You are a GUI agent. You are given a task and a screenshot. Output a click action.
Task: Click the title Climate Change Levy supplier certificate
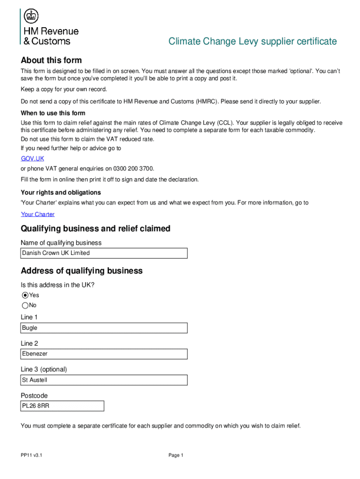click(252, 42)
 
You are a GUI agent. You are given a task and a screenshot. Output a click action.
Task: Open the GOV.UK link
click(32, 159)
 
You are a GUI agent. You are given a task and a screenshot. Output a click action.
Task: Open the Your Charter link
click(37, 214)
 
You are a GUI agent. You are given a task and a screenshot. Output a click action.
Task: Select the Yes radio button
click(25, 295)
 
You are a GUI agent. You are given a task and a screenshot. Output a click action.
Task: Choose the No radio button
click(25, 305)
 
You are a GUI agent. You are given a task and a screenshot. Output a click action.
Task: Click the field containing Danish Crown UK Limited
click(104, 253)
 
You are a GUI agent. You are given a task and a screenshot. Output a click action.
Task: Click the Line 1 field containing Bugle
click(104, 328)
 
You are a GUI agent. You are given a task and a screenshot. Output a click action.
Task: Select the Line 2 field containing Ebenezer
click(104, 354)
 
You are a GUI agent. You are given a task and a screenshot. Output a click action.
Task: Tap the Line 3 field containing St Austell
click(104, 380)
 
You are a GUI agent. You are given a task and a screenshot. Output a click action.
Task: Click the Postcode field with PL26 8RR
click(62, 406)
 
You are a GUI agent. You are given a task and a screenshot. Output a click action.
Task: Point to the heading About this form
click(51, 60)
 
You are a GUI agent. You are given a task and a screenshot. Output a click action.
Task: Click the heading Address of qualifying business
click(81, 271)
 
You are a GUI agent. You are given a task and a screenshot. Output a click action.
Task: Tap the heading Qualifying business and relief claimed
click(95, 229)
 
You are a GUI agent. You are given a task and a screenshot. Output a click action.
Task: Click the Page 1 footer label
click(175, 455)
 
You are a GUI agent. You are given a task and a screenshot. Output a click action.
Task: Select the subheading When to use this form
click(53, 113)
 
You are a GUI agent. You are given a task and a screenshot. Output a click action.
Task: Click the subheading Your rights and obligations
click(60, 193)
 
